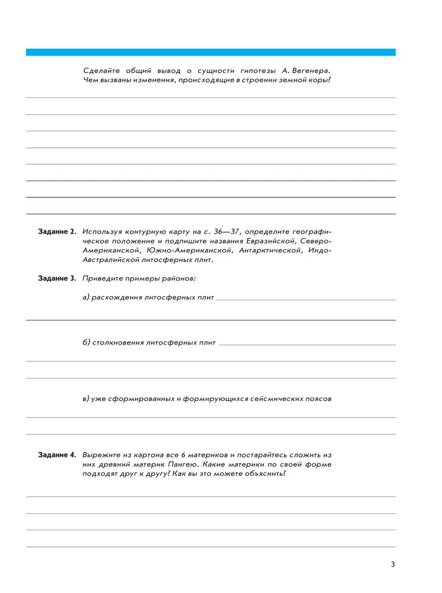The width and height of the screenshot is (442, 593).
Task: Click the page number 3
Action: pos(392,564)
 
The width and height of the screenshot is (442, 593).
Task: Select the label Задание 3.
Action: pos(57,278)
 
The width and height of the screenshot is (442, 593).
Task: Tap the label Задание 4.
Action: pos(57,454)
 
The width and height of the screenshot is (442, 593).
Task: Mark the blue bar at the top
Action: pos(211,52)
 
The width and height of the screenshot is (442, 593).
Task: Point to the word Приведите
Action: pos(106,278)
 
